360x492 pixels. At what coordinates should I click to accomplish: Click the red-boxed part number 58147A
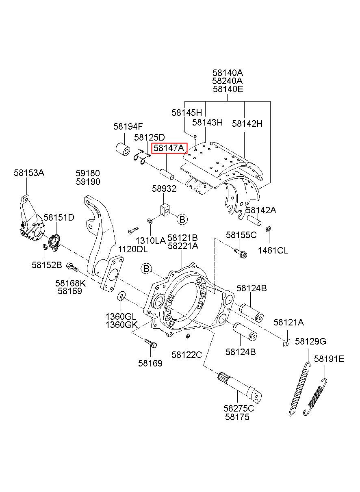pos(169,148)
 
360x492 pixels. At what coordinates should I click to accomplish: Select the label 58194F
pos(128,126)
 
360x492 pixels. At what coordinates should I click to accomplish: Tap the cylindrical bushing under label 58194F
pos(123,150)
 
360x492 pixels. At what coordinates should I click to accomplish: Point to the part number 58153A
pos(29,173)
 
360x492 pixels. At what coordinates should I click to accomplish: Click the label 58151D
pos(59,217)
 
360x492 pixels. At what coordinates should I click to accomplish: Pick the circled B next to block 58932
pos(182,219)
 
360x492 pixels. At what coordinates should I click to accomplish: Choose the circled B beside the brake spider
pos(147,269)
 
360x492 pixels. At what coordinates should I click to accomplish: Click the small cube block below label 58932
pos(165,210)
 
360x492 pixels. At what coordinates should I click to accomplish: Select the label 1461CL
pos(273,250)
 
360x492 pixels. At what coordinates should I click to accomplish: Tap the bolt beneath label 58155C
pos(241,253)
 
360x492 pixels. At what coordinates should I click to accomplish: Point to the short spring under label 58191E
pos(315,397)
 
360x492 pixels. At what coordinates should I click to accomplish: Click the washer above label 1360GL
pos(121,296)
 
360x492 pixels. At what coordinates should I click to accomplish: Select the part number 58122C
pos(187,355)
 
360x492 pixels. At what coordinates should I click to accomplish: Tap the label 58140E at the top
pos(228,89)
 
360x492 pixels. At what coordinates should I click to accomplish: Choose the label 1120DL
pos(133,249)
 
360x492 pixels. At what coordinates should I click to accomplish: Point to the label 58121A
pos(288,323)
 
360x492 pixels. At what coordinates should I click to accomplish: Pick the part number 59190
pos(88,182)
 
